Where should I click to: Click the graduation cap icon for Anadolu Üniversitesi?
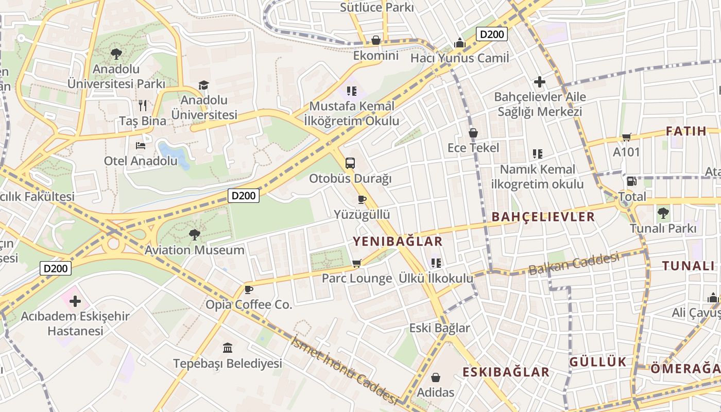click(x=204, y=85)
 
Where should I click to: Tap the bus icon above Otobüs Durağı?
click(x=350, y=163)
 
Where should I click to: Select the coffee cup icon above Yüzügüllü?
click(x=362, y=199)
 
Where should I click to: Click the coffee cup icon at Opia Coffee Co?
click(x=249, y=289)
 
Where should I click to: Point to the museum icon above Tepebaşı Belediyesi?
click(x=228, y=348)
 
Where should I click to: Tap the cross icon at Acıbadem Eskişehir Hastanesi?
click(x=75, y=301)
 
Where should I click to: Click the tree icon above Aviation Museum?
click(x=194, y=235)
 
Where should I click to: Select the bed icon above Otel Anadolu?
click(x=141, y=146)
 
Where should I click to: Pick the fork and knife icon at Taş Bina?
click(x=143, y=106)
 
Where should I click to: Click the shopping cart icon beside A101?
click(x=627, y=137)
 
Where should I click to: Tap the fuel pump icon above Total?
click(x=632, y=181)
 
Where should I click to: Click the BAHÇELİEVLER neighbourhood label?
click(x=543, y=217)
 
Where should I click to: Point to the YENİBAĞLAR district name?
click(x=398, y=241)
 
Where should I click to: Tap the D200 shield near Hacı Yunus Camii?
click(x=492, y=35)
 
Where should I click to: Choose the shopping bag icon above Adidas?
click(x=436, y=377)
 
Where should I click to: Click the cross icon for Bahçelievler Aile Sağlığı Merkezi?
click(x=540, y=82)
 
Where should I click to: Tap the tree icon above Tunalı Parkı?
click(x=663, y=213)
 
